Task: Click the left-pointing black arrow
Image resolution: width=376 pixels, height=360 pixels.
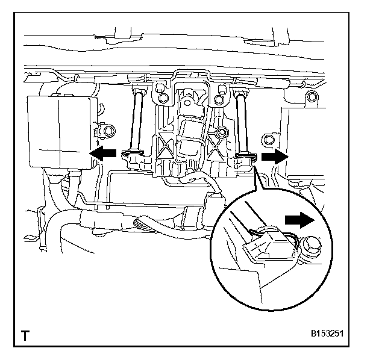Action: (x=102, y=154)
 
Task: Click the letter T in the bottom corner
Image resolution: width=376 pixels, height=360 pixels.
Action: (x=25, y=335)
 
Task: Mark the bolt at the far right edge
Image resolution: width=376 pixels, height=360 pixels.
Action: (x=310, y=97)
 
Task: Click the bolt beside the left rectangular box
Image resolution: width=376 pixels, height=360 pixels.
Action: (x=108, y=131)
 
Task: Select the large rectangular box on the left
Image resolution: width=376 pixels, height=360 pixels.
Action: (x=60, y=132)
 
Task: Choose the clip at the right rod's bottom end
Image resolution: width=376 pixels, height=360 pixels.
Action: (x=247, y=158)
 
